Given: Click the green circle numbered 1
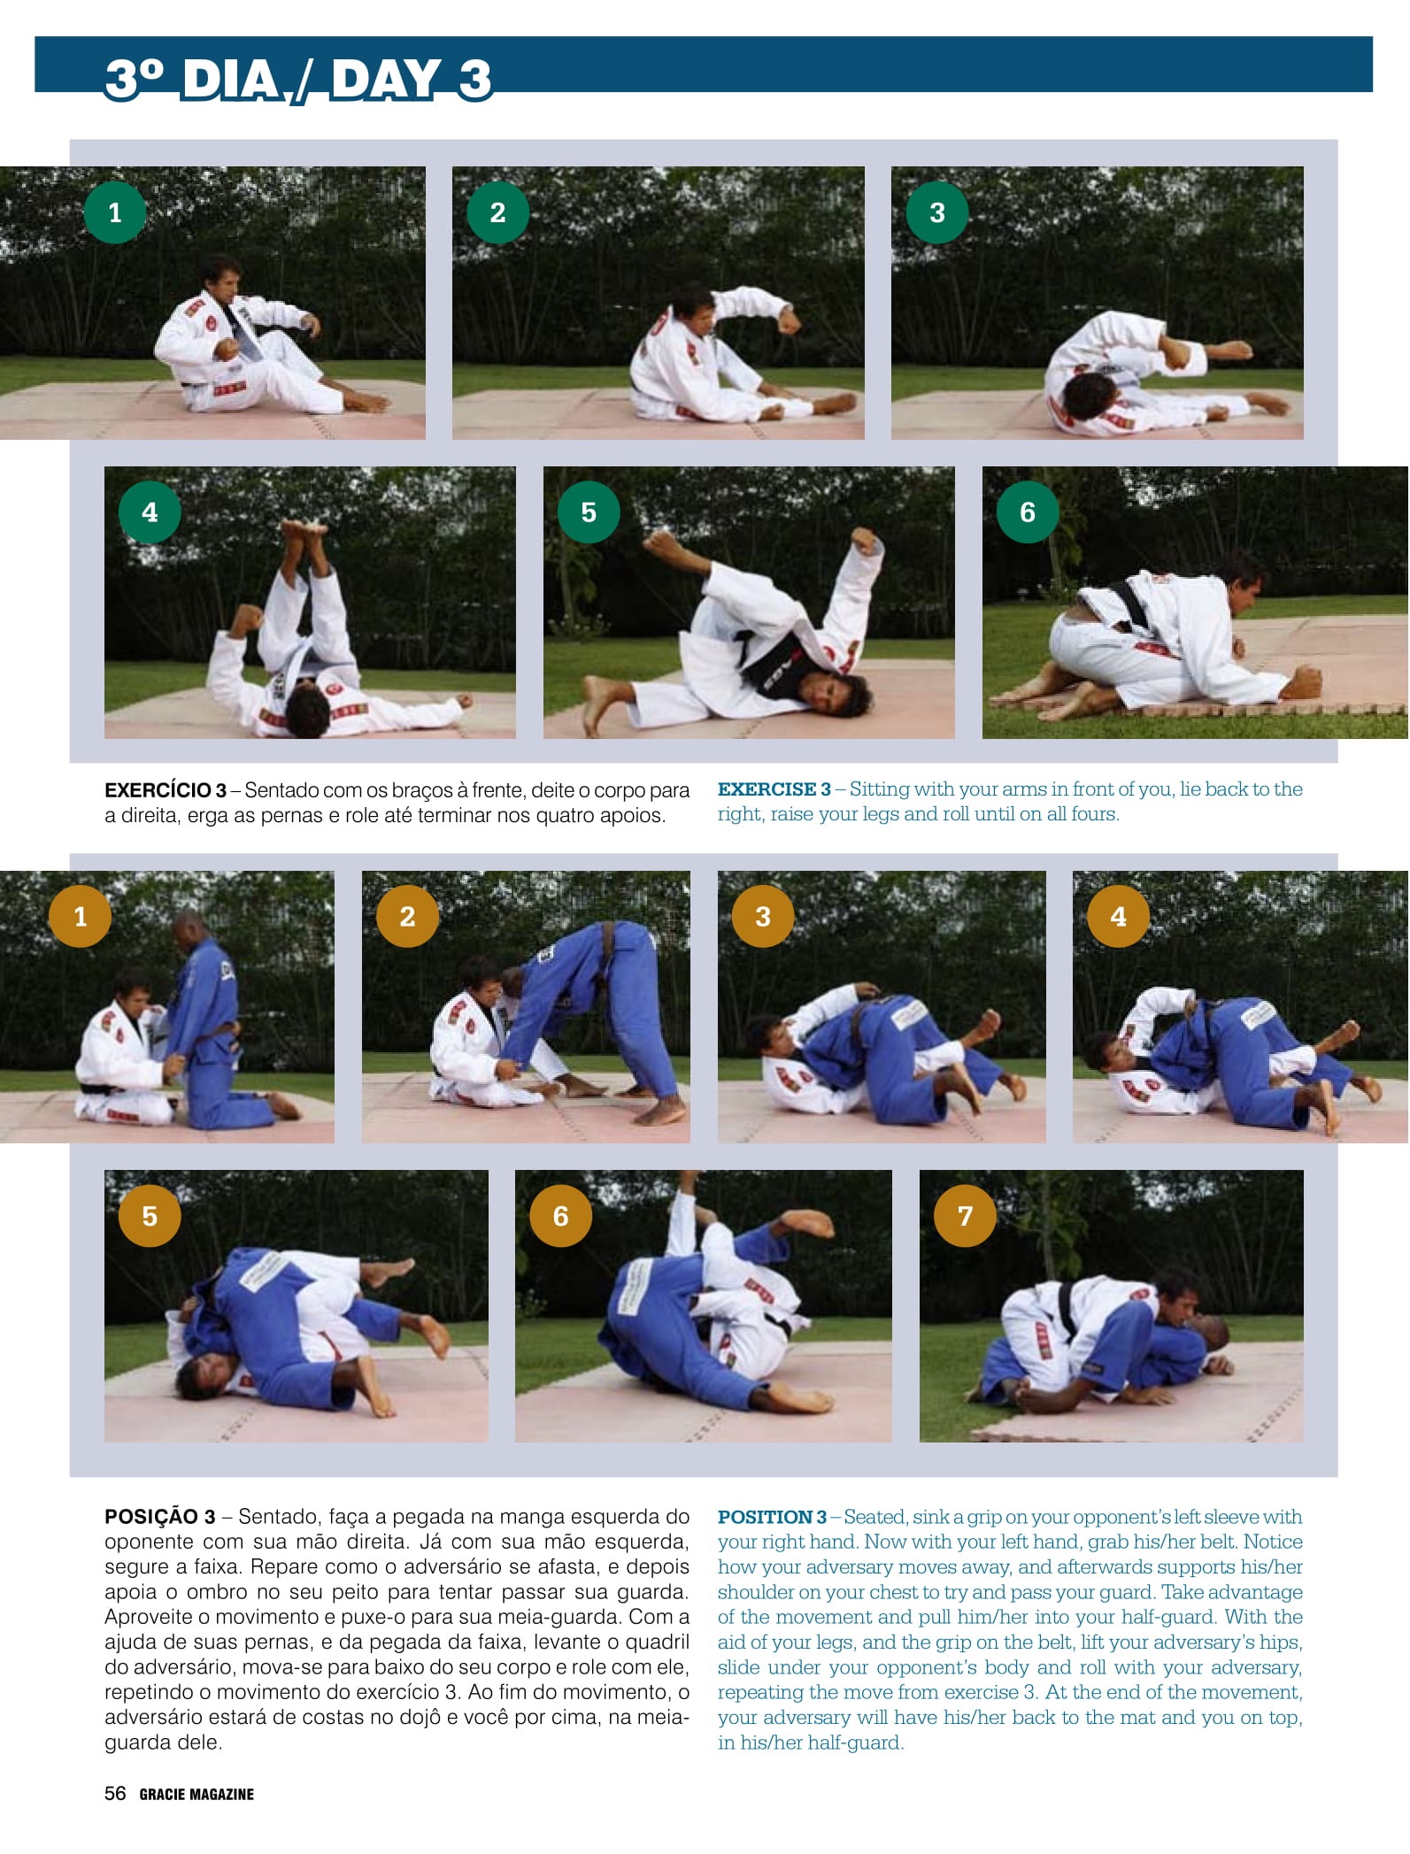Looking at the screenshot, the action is pos(115,212).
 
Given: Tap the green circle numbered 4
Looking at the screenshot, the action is pos(150,512).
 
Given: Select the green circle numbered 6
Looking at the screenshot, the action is pos(1028,512).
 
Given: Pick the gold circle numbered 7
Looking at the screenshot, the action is pos(965,1216).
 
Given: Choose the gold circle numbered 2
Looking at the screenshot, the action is pos(407,916).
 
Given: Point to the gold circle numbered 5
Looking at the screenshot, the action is pos(150,1216).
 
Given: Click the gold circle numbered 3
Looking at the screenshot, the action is pos(763,916).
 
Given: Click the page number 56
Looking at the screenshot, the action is pos(115,1793).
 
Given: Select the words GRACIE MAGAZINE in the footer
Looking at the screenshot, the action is pos(196,1794).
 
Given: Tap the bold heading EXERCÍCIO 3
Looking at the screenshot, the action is pos(166,790).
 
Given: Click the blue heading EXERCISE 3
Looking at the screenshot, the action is pos(774,789).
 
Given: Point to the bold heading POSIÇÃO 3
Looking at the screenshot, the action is pos(160,1517).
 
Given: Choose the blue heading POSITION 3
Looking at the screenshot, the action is pos(772,1517).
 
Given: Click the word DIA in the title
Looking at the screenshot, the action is pos(231,80).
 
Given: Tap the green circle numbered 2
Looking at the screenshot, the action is pos(497,212).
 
